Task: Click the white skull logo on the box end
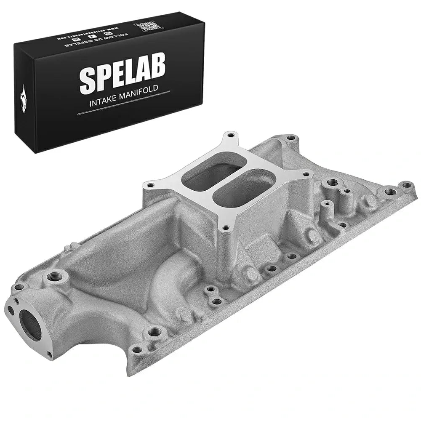22,97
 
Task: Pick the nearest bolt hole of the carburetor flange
226,228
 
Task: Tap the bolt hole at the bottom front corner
136,349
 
